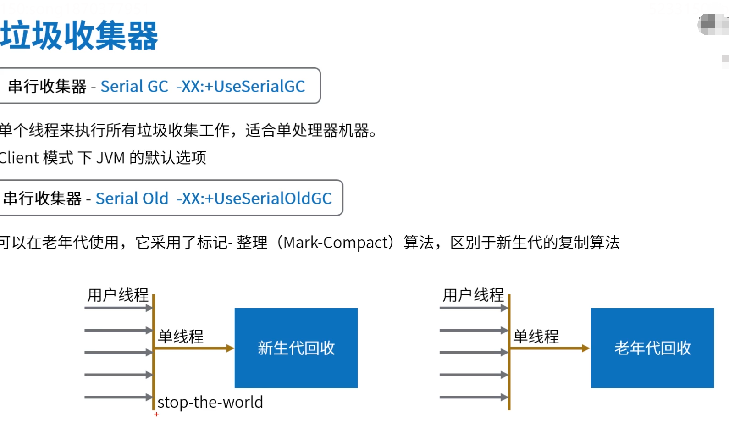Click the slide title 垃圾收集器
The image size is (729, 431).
pyautogui.click(x=79, y=36)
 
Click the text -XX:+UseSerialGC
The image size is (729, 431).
pyautogui.click(x=241, y=86)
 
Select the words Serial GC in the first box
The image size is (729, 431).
pyautogui.click(x=134, y=86)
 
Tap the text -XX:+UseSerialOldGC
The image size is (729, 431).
pyautogui.click(x=254, y=199)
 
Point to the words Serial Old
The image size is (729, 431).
pyautogui.click(x=132, y=199)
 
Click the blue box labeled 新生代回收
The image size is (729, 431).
pyautogui.click(x=296, y=348)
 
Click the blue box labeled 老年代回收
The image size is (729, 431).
pyautogui.click(x=652, y=348)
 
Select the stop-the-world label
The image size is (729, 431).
pyautogui.click(x=210, y=402)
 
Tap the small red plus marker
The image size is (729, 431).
pyautogui.click(x=156, y=414)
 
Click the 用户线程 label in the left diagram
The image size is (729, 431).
pyautogui.click(x=118, y=295)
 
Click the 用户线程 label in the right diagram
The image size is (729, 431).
pyautogui.click(x=473, y=295)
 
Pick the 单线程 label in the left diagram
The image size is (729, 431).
pyautogui.click(x=181, y=337)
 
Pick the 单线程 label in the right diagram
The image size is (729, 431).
pyautogui.click(x=536, y=337)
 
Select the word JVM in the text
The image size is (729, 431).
pyautogui.click(x=110, y=158)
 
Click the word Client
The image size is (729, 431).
pyautogui.click(x=19, y=158)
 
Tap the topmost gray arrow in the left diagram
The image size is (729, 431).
pyautogui.click(x=118, y=308)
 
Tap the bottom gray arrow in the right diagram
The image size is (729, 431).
pyautogui.click(x=474, y=397)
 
